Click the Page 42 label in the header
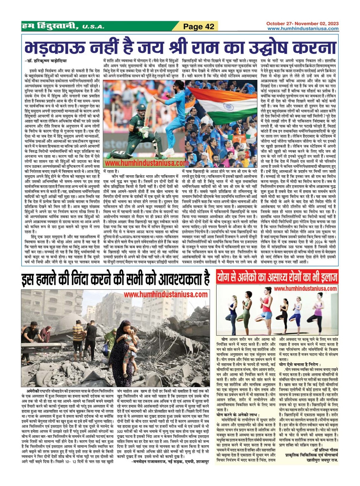[x=199, y=27]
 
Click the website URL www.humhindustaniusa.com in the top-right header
[x=303, y=29]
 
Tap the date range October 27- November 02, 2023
[x=302, y=23]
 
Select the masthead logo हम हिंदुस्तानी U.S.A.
[x=62, y=26]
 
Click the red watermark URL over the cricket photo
[x=147, y=163]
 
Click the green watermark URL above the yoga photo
[x=305, y=288]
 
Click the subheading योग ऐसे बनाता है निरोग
[x=300, y=365]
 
